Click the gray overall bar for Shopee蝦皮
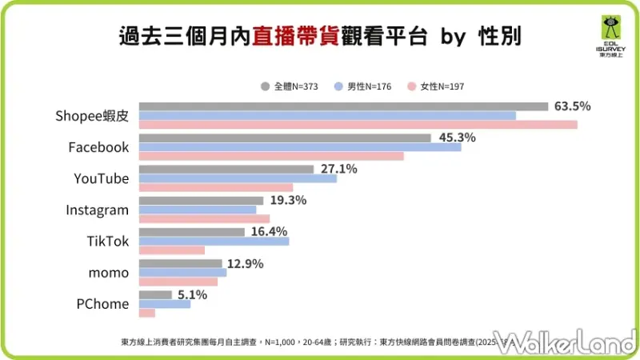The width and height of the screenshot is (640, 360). (343, 106)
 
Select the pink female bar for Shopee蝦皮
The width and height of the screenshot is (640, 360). (358, 125)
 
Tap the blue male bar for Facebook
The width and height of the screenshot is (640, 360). (300, 147)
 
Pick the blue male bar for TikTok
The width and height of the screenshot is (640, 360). (214, 241)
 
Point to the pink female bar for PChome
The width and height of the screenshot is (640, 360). (147, 312)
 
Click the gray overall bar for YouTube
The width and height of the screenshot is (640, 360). (226, 170)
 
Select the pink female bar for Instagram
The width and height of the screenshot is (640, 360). (204, 218)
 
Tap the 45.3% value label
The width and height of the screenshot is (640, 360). (457, 138)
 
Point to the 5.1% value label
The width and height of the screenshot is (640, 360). (191, 294)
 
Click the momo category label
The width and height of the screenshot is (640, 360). (108, 273)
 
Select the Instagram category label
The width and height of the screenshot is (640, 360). (97, 210)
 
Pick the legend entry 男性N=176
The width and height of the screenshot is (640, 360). (365, 86)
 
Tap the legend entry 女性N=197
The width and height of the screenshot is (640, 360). (436, 86)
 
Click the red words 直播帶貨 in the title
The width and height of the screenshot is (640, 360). (289, 36)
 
